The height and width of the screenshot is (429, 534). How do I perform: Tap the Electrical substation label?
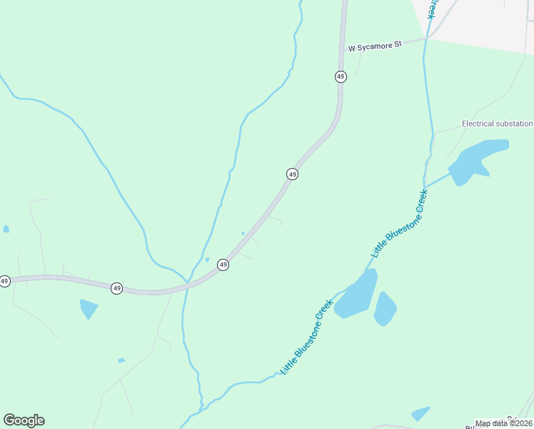point(497,124)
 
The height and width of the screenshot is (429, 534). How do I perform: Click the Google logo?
point(24,420)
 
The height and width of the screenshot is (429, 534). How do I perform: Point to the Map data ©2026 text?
point(503,423)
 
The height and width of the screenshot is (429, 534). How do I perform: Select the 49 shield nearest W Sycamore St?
point(341,77)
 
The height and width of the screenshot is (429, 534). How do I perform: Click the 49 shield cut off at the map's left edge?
point(4,281)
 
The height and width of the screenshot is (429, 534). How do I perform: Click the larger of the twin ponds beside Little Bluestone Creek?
point(357,295)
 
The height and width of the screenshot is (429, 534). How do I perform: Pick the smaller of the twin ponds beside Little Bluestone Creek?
point(385,308)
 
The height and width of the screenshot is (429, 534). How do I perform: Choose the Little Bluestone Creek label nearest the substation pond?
point(400,223)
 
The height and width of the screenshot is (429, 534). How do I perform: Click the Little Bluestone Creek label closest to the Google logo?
point(308,336)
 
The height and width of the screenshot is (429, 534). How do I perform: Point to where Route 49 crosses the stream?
point(187,284)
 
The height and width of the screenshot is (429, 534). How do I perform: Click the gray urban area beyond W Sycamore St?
point(485,21)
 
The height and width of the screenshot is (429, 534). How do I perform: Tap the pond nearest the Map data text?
point(420,413)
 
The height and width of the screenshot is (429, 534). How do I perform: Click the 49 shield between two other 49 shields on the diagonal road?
point(292,174)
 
